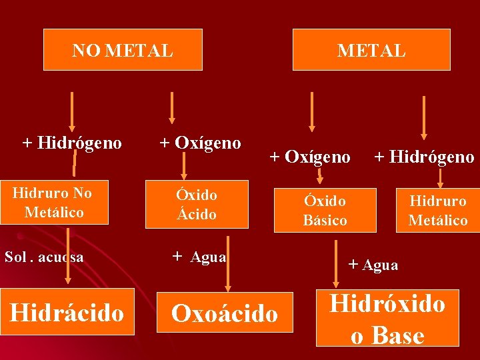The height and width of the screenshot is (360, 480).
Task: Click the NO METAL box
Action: pyautogui.click(x=123, y=49)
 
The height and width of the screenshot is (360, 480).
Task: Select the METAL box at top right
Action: pyautogui.click(x=371, y=49)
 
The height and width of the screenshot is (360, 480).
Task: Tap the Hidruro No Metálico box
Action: pyautogui.click(x=54, y=203)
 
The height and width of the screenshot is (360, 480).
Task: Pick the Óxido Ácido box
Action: pyautogui.click(x=197, y=204)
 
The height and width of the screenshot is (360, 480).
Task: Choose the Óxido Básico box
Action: pyautogui.click(x=325, y=210)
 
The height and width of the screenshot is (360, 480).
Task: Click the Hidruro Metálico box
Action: pyautogui.click(x=438, y=210)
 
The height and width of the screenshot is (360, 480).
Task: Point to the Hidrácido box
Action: pyautogui.click(x=67, y=312)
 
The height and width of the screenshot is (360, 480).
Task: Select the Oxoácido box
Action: pyautogui.click(x=225, y=313)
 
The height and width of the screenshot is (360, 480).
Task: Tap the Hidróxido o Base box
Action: pyautogui.click(x=387, y=318)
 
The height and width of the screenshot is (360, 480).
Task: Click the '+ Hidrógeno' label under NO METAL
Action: pyautogui.click(x=72, y=143)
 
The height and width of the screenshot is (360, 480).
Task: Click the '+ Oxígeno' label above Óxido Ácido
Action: pyautogui.click(x=200, y=142)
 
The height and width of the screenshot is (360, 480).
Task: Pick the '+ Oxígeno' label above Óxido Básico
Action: pyautogui.click(x=310, y=157)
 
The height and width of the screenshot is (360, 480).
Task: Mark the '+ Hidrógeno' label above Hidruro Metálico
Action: pyautogui.click(x=424, y=157)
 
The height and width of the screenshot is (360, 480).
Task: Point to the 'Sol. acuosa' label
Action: pyautogui.click(x=44, y=257)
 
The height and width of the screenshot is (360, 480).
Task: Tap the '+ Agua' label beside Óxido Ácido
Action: pyautogui.click(x=199, y=257)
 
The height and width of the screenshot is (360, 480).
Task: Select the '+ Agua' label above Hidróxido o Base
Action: pyautogui.click(x=373, y=265)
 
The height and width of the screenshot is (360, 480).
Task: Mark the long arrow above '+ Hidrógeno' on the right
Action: pyautogui.click(x=423, y=120)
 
